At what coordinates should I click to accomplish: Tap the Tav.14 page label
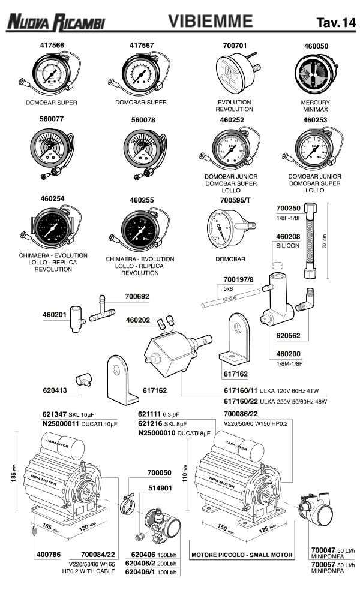click(335, 23)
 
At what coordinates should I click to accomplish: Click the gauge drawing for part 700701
click(234, 74)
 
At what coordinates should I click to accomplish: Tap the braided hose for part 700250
click(310, 243)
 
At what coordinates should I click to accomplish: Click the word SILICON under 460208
click(288, 246)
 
